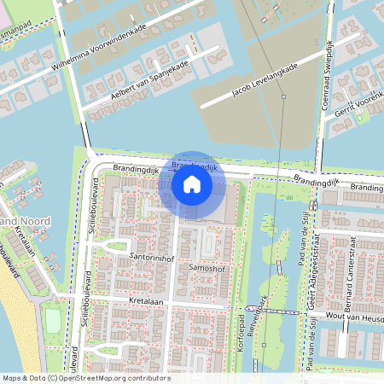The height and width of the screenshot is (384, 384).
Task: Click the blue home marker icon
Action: pyautogui.click(x=192, y=184)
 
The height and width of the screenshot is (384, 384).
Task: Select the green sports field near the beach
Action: pyautogui.click(x=53, y=321)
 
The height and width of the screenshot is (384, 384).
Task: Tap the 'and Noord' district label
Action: pyautogui.click(x=26, y=222)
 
